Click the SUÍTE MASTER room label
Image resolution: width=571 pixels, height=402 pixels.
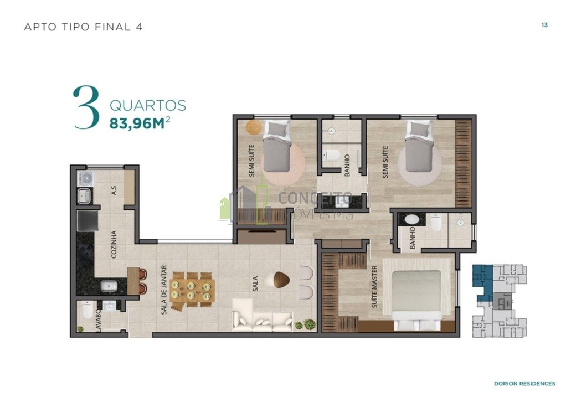coord(374,287)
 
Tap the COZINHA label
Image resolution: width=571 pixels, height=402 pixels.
coord(114,244)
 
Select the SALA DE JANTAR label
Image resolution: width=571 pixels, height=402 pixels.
coord(164,290)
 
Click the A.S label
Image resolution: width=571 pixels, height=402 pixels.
coord(114,190)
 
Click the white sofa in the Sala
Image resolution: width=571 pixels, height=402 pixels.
coord(262,315)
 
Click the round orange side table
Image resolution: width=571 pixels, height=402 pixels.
coord(254,127)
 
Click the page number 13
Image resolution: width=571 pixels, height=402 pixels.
coord(544,25)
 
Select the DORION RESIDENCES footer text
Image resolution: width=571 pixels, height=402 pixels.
coord(524,383)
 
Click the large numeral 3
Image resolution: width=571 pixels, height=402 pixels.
coord(86,107)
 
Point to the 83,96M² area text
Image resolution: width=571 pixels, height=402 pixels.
coord(140,123)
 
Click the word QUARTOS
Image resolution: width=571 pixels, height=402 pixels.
coord(148,106)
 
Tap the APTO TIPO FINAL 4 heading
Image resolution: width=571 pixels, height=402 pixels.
coord(84,27)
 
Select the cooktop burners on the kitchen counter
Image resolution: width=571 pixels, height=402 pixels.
coord(86,252)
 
